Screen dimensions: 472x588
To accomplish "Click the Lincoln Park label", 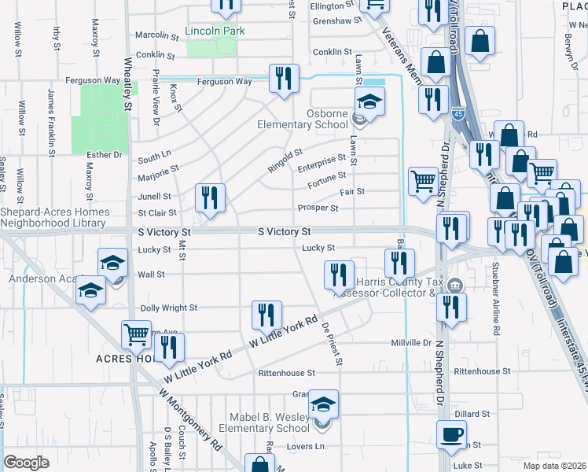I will (215, 31).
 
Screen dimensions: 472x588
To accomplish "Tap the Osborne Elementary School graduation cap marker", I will (369, 101).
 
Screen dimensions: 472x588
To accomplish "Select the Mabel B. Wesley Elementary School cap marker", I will (322, 404).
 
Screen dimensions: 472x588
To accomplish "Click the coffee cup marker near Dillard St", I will (451, 434).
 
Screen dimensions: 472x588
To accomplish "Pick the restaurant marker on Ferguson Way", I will (282, 78).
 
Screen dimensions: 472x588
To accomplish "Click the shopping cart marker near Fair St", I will (423, 181).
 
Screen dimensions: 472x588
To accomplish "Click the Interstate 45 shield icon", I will (459, 115).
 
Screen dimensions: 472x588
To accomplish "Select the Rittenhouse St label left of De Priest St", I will (288, 372).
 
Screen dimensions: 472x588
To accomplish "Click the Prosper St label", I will (317, 208).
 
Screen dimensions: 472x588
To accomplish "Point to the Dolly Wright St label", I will (168, 308).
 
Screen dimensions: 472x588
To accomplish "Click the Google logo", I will (27, 462).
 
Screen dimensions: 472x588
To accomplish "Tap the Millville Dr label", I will (412, 344).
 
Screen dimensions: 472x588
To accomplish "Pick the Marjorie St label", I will (158, 168).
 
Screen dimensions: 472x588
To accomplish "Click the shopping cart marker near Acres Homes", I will (137, 335).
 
